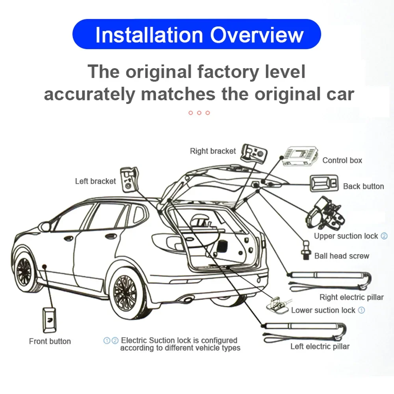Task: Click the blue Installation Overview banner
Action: click(x=197, y=34)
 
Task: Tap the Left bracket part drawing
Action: click(x=129, y=179)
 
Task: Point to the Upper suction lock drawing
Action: click(x=323, y=215)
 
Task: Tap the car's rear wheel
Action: click(x=125, y=293)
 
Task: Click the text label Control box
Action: click(x=342, y=160)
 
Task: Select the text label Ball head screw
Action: click(x=342, y=256)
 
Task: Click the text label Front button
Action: click(x=50, y=341)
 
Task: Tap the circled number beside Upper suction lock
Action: click(x=384, y=236)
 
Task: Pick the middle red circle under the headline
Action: click(x=199, y=113)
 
